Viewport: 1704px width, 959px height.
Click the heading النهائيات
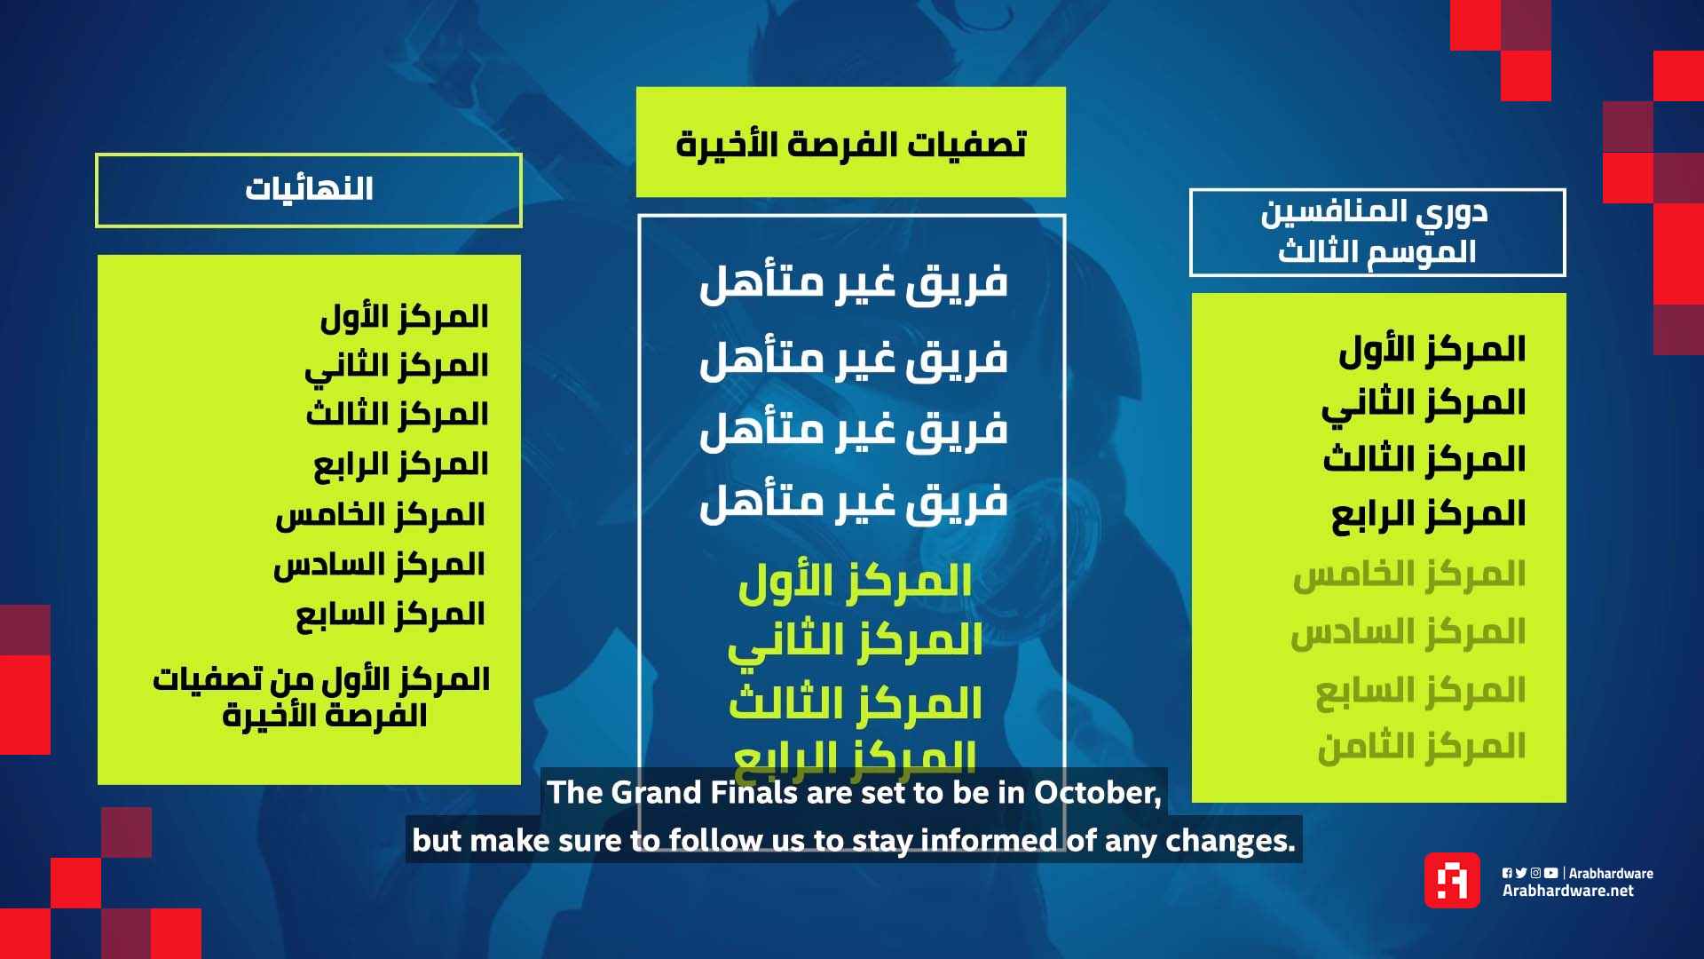(309, 189)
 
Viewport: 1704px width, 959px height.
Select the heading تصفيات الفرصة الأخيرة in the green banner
(850, 143)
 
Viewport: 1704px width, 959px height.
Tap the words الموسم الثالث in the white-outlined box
(1377, 251)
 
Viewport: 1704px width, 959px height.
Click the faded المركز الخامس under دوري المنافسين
(1408, 575)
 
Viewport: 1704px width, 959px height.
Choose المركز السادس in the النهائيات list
(379, 565)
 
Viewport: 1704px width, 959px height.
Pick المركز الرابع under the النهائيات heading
(400, 464)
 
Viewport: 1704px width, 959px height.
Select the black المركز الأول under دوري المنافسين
(1432, 350)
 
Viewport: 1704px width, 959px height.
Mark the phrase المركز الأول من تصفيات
(321, 679)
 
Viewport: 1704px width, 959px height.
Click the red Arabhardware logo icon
(1452, 880)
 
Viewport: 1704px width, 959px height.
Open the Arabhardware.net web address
(1567, 891)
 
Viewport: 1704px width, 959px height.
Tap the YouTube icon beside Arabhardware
(1550, 873)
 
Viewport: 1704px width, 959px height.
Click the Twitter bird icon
(1521, 873)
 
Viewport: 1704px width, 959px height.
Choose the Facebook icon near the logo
(1507, 873)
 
